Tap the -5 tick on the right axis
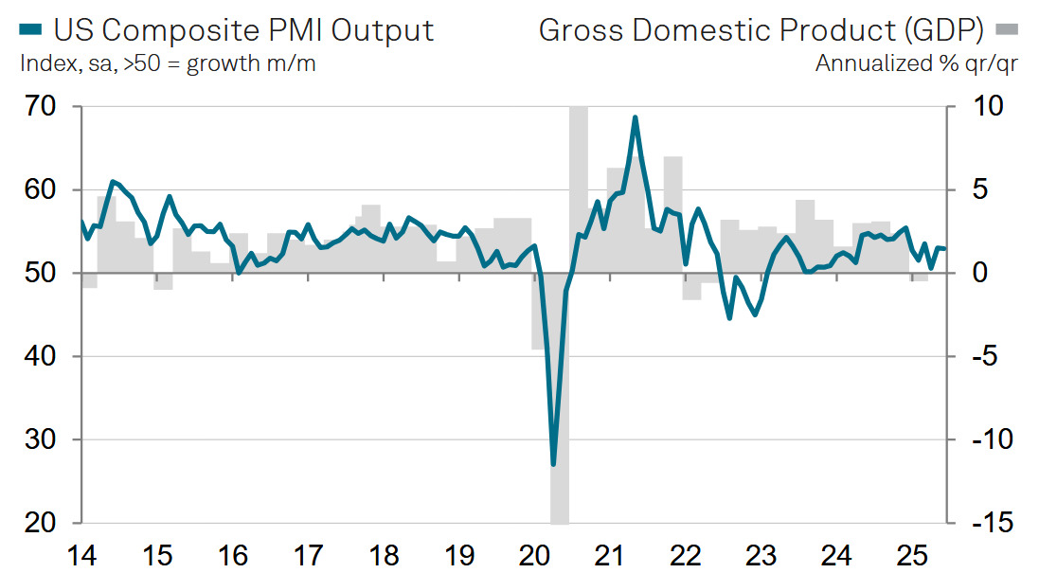point(980,356)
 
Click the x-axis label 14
point(81,555)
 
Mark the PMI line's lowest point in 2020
point(553,464)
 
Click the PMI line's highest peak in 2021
point(635,117)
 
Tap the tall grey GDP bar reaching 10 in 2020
point(578,189)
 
